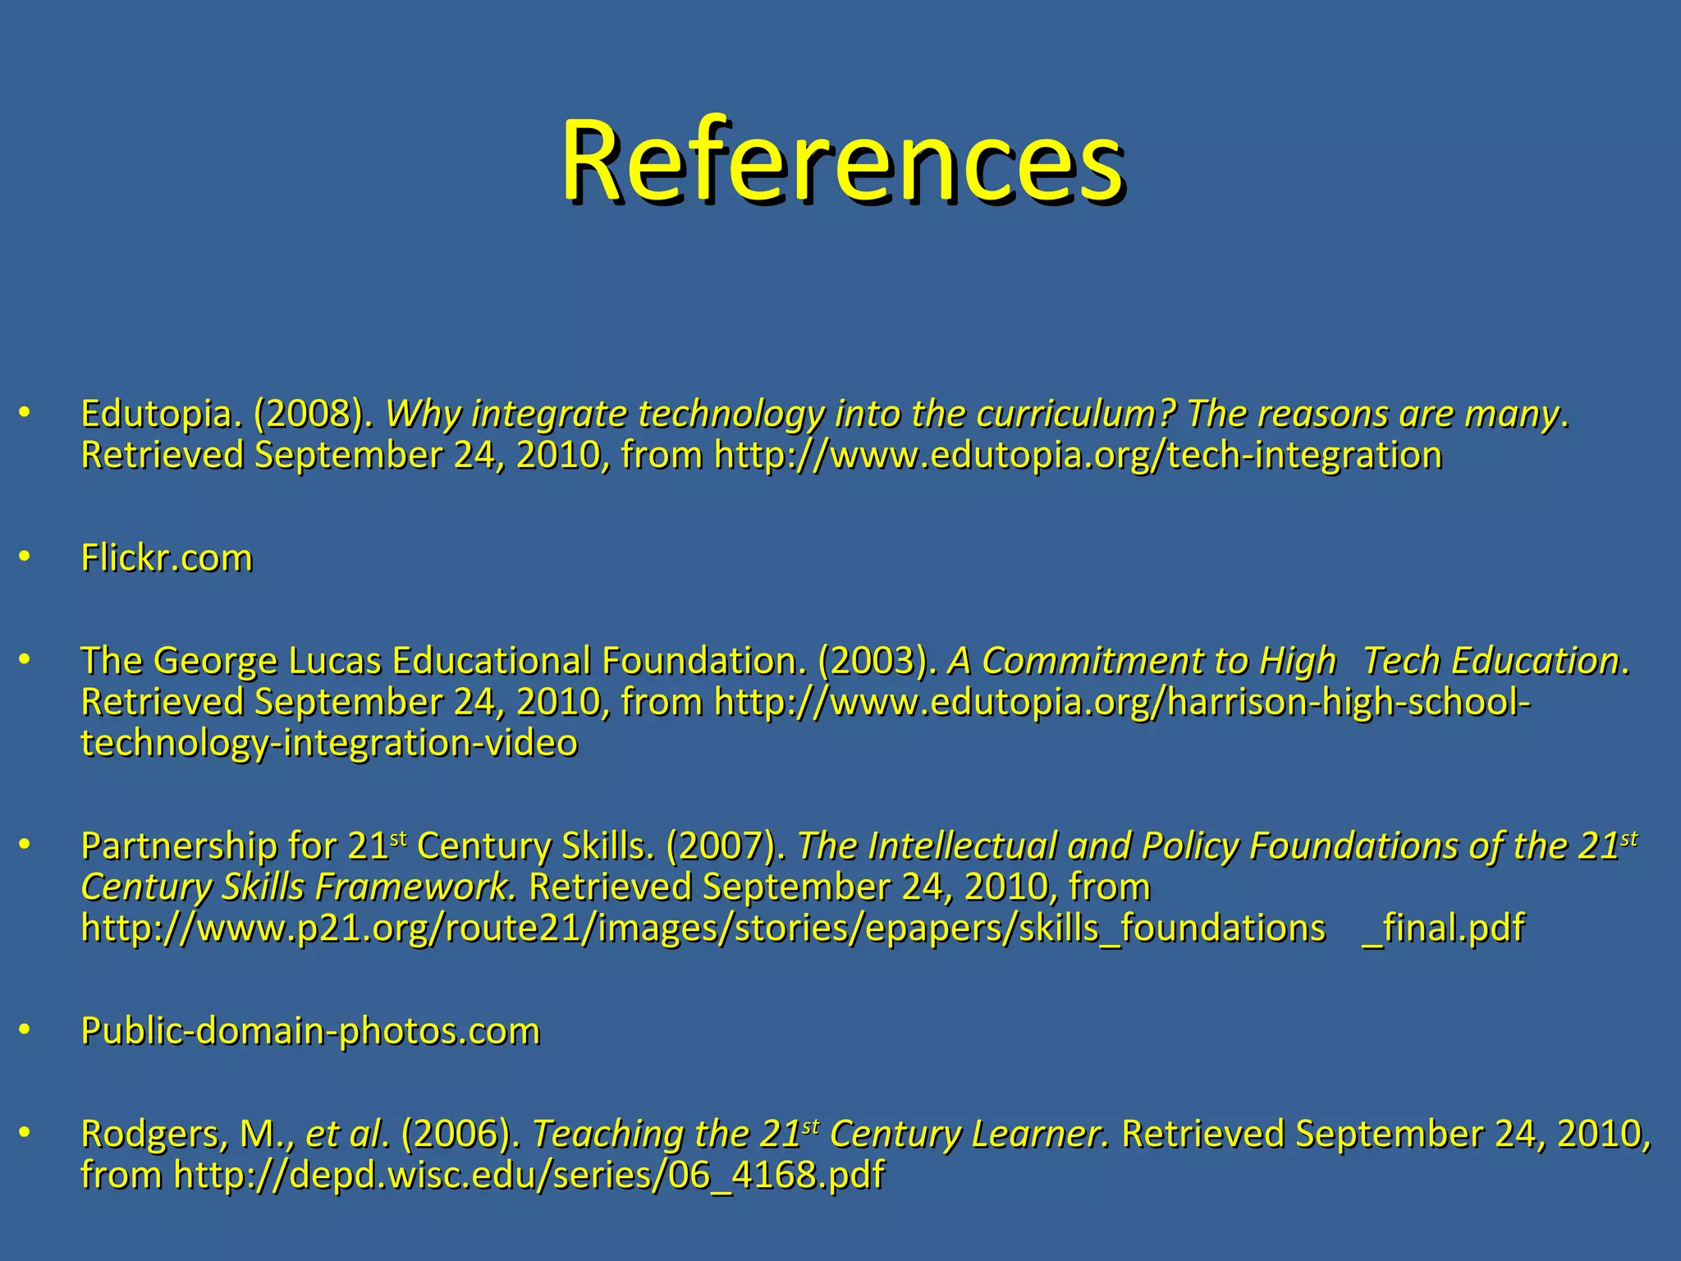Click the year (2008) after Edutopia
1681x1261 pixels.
(309, 414)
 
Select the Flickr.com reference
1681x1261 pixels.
(167, 558)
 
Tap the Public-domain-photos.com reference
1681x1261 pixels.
(310, 1031)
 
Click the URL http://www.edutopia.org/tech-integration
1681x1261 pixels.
(1078, 456)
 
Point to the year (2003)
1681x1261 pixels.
(877, 661)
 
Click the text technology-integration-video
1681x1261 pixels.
(329, 743)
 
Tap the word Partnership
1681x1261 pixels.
(179, 846)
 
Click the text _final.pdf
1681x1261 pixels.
(1442, 929)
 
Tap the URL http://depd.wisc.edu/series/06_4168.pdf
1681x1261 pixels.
(529, 1176)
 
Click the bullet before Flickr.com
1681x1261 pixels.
(25, 557)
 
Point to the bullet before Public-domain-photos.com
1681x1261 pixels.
(25, 1030)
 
